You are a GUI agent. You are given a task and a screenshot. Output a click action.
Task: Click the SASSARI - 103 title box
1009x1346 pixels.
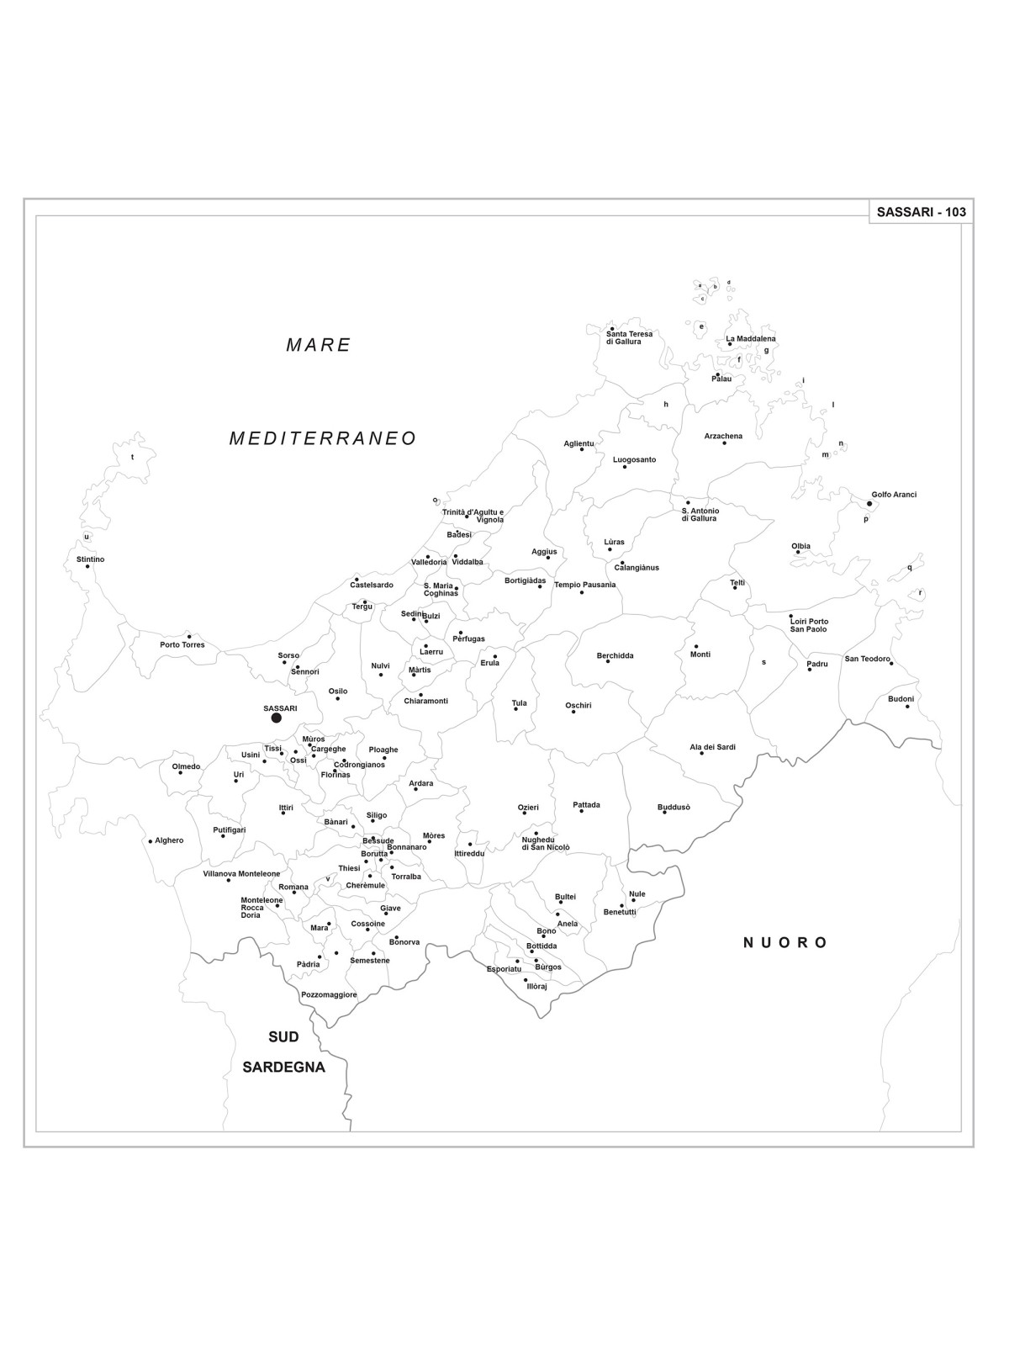(921, 212)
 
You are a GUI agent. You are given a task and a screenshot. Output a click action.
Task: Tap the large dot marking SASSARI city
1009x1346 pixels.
(276, 718)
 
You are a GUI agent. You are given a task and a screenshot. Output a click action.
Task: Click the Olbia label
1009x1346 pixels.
(800, 546)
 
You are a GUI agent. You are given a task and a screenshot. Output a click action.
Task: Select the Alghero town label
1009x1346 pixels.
(169, 840)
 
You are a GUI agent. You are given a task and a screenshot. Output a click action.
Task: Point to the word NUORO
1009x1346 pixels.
(785, 942)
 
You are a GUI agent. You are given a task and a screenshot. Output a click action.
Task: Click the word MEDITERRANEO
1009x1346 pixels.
(323, 438)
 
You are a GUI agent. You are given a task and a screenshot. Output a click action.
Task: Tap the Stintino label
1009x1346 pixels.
(90, 559)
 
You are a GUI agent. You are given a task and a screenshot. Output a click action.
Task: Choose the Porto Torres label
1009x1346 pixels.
(182, 645)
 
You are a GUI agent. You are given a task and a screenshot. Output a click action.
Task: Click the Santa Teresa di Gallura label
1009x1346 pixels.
(629, 337)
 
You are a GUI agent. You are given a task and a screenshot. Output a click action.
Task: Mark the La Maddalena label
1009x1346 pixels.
(751, 339)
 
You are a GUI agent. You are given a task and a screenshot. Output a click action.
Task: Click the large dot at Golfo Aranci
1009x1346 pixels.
(869, 504)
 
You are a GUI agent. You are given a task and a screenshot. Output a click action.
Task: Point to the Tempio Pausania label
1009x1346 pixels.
(584, 585)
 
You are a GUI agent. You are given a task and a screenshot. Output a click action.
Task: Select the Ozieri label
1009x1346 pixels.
(528, 808)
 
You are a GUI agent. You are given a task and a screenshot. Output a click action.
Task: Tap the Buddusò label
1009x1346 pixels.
(674, 808)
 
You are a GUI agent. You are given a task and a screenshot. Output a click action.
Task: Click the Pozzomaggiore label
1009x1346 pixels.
(329, 994)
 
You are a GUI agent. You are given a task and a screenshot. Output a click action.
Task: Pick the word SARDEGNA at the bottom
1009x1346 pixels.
(283, 1067)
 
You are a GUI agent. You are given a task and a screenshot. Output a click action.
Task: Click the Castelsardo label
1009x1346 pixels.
(371, 585)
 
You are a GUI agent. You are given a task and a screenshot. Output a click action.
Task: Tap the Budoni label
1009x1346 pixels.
(901, 699)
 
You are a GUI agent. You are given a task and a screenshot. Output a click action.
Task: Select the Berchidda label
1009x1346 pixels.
(615, 655)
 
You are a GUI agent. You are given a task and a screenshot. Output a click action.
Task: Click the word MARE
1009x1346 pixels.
(318, 345)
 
